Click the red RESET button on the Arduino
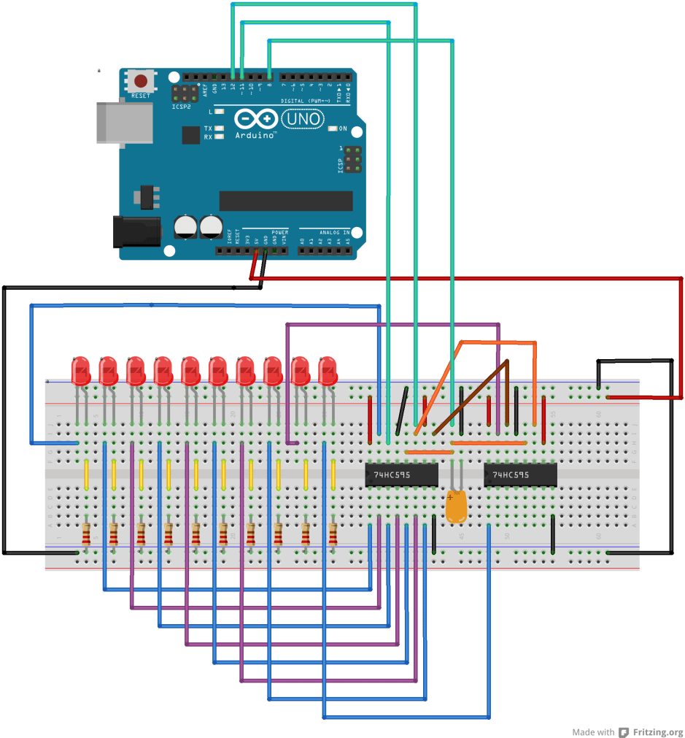(140, 81)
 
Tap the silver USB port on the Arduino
(125, 121)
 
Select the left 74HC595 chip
(401, 474)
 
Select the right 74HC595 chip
(520, 474)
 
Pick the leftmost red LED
(80, 371)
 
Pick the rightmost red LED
(327, 371)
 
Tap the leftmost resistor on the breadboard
(87, 534)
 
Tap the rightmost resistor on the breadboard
(333, 534)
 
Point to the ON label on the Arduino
(343, 128)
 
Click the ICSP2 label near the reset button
(181, 107)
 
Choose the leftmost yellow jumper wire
(87, 474)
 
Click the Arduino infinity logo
(256, 118)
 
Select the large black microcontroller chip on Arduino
(285, 201)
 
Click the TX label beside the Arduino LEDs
(208, 128)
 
